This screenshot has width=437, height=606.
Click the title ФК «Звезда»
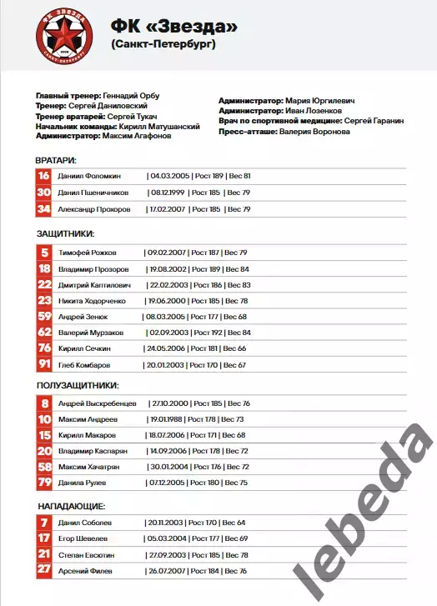173,27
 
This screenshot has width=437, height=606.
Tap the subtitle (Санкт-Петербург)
163,45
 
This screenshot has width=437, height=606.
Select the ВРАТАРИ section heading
57,160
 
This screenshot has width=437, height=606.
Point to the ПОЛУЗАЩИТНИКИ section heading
78,386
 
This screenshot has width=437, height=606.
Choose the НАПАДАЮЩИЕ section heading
71,506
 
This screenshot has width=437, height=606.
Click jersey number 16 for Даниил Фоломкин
44,177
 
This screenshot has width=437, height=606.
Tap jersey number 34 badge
44,208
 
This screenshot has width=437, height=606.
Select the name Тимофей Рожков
88,253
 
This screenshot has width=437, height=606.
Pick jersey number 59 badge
44,317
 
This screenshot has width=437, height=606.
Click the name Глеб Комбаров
85,365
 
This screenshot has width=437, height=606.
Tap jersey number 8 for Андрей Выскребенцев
44,403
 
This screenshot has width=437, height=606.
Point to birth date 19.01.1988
165,419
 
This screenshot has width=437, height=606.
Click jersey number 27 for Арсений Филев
44,570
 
